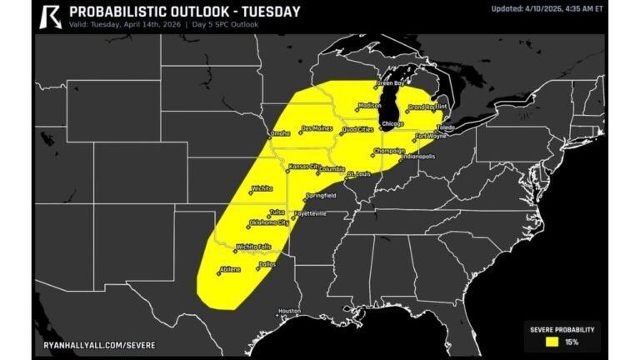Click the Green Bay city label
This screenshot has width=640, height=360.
pyautogui.click(x=391, y=84)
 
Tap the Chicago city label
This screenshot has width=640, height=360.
pyautogui.click(x=392, y=124)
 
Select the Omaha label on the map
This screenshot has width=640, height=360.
pyautogui.click(x=280, y=133)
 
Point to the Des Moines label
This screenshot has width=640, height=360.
pyautogui.click(x=317, y=128)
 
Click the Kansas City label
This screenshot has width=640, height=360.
pyautogui.click(x=302, y=167)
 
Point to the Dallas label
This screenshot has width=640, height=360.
pyautogui.click(x=267, y=264)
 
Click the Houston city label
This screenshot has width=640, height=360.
pyautogui.click(x=289, y=311)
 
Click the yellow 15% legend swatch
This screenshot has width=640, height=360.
pyautogui.click(x=552, y=341)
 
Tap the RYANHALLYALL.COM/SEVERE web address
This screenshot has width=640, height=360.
pyautogui.click(x=99, y=344)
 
